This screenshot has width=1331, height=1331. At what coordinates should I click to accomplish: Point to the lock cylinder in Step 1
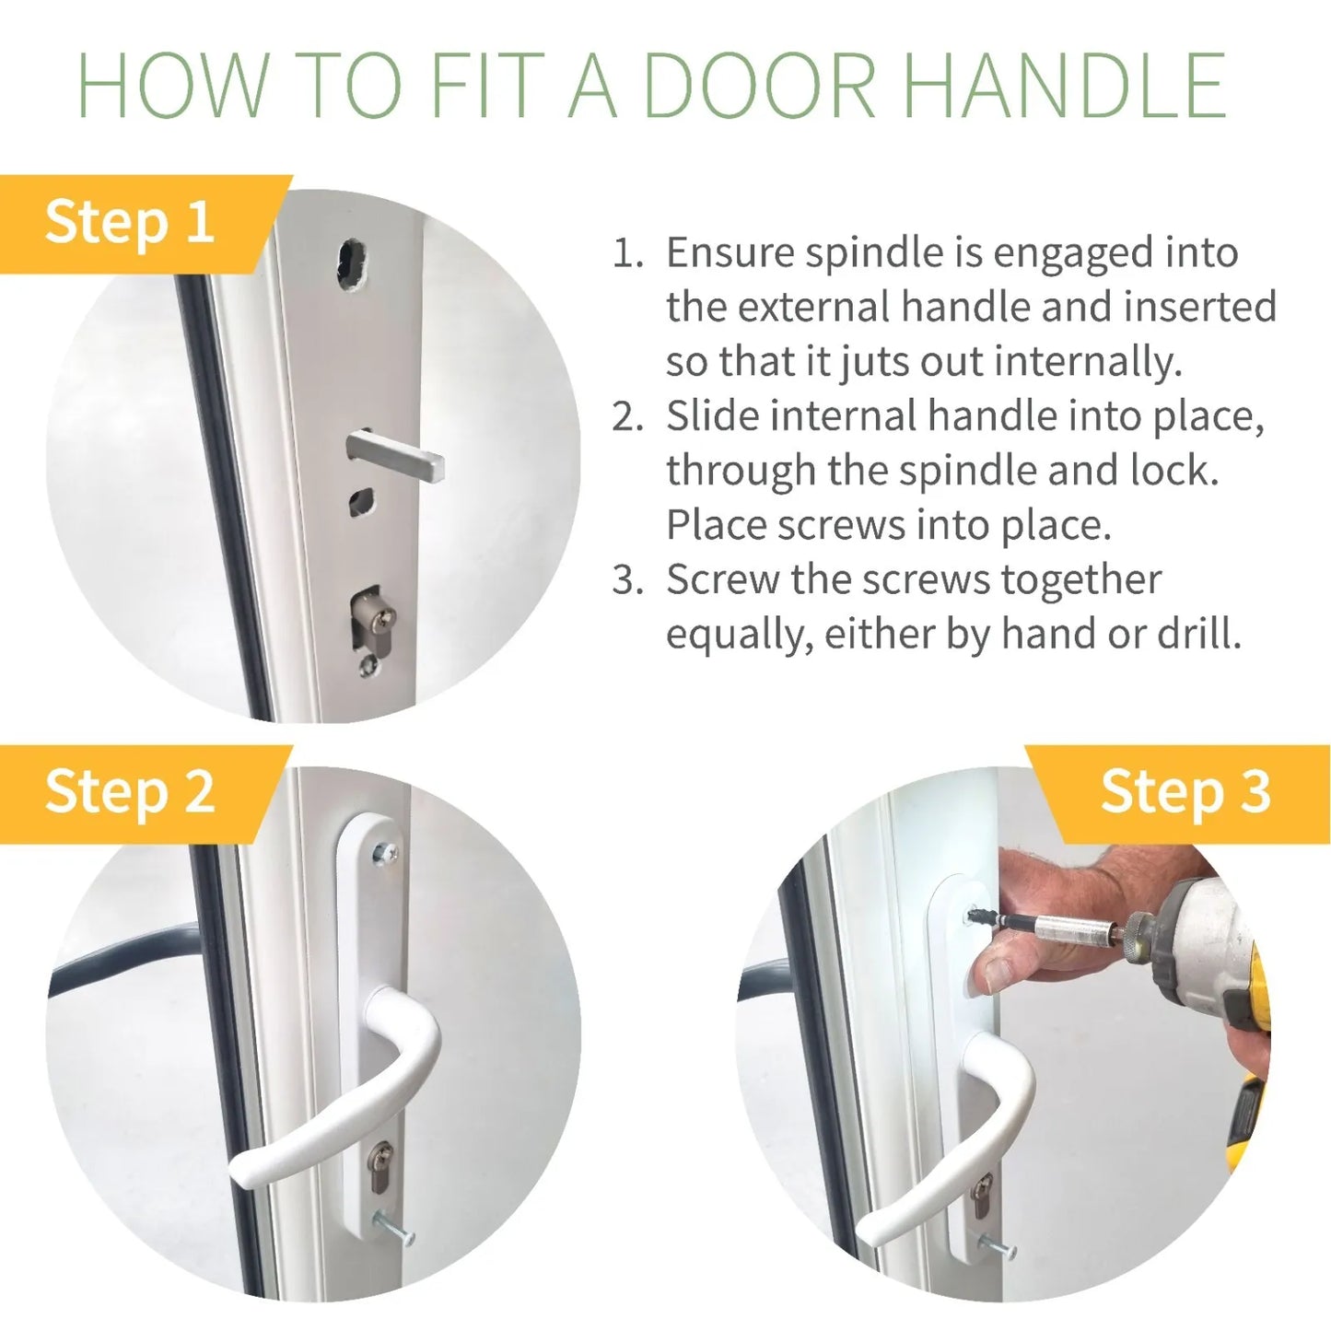click(372, 621)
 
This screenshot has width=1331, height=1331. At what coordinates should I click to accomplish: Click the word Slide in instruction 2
click(712, 415)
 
